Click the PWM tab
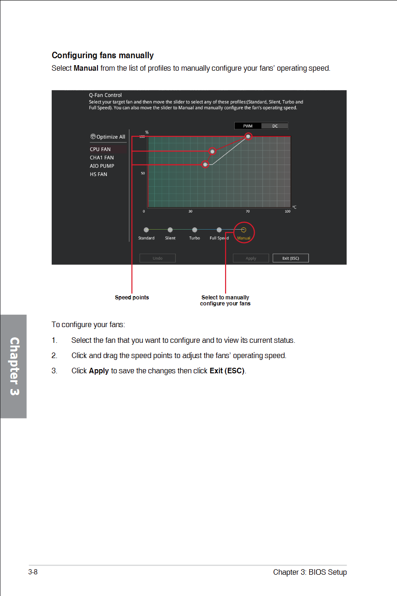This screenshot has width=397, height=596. pyautogui.click(x=248, y=126)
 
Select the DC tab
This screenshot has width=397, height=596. pyautogui.click(x=275, y=126)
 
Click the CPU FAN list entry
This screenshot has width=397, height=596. pyautogui.click(x=100, y=149)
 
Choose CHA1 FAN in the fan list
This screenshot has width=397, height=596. pyautogui.click(x=102, y=158)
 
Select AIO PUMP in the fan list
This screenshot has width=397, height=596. pyautogui.click(x=102, y=166)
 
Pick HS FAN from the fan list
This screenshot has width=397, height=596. pyautogui.click(x=98, y=174)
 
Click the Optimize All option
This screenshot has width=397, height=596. pyautogui.click(x=108, y=137)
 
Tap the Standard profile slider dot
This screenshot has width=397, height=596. pyautogui.click(x=146, y=230)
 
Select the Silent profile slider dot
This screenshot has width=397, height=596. pyautogui.click(x=170, y=230)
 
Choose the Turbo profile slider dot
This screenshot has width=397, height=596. pyautogui.click(x=195, y=230)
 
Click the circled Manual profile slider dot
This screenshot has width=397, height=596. pyautogui.click(x=244, y=230)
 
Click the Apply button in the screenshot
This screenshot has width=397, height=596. pyautogui.click(x=250, y=258)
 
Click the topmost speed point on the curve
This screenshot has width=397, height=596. pyautogui.click(x=249, y=136)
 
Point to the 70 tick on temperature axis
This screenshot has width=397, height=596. pyautogui.click(x=248, y=212)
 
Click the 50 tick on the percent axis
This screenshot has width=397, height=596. pyautogui.click(x=143, y=173)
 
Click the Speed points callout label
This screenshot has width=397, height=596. pyautogui.click(x=132, y=298)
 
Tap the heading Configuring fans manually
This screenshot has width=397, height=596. pyautogui.click(x=103, y=55)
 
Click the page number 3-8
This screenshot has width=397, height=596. pyautogui.click(x=33, y=572)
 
